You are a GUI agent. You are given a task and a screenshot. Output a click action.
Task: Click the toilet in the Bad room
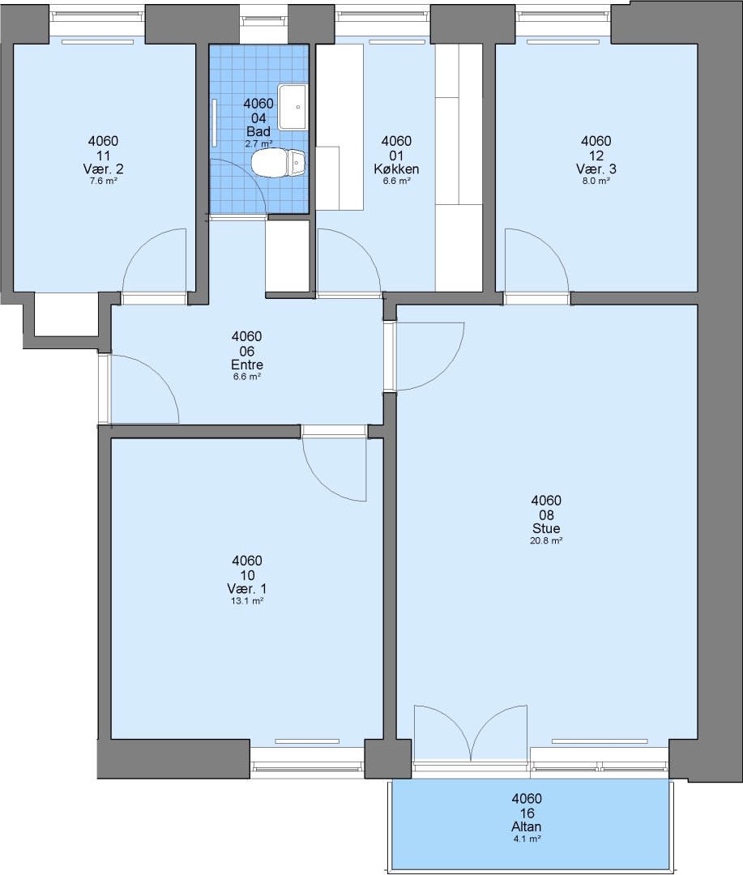(278, 163)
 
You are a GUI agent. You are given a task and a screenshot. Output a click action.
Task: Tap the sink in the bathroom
(293, 107)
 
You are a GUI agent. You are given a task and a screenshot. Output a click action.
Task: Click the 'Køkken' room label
(396, 169)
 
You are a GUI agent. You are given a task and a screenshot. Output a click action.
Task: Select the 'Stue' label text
(546, 528)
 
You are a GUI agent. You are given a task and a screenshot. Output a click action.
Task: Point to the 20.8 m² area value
(546, 540)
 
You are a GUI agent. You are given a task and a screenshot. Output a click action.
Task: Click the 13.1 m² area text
(247, 601)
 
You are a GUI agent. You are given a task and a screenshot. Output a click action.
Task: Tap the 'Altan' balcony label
(527, 827)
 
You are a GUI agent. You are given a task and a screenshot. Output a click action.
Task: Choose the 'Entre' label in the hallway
(247, 365)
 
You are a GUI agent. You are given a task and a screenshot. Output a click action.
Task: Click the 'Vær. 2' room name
(103, 169)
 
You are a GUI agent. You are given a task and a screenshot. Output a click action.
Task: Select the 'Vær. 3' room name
(596, 169)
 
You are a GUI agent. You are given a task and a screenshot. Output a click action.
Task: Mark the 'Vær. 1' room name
(247, 589)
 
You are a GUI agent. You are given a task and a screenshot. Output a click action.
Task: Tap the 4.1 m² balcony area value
(527, 839)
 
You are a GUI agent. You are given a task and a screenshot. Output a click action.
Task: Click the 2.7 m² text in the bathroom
(258, 143)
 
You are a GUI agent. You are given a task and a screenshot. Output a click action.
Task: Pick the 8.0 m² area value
(596, 181)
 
